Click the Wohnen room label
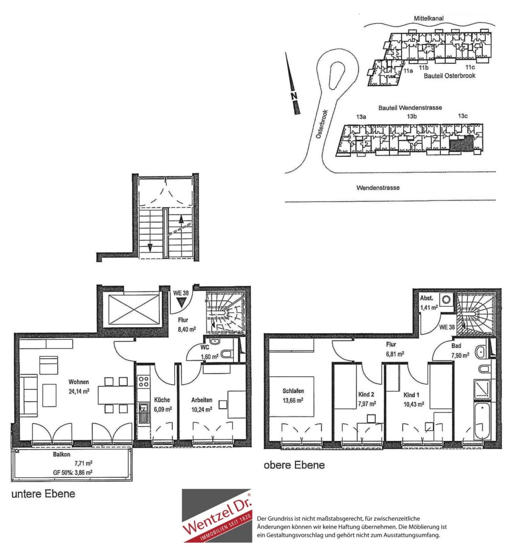[x=79, y=382]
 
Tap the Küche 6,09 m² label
[x=162, y=404]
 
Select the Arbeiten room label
[x=202, y=400]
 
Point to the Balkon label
[x=62, y=454]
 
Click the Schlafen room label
[x=293, y=391]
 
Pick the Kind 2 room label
[x=366, y=395]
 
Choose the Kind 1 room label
[x=411, y=395]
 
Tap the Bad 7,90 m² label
[x=460, y=351]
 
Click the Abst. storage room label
[x=427, y=298]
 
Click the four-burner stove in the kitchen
[x=143, y=382]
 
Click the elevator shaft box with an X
[x=134, y=310]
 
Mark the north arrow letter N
[x=294, y=96]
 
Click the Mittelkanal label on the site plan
[x=429, y=18]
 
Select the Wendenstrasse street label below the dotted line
[x=378, y=188]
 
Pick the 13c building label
[x=463, y=116]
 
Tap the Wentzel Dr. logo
[x=217, y=515]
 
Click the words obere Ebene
[x=294, y=465]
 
